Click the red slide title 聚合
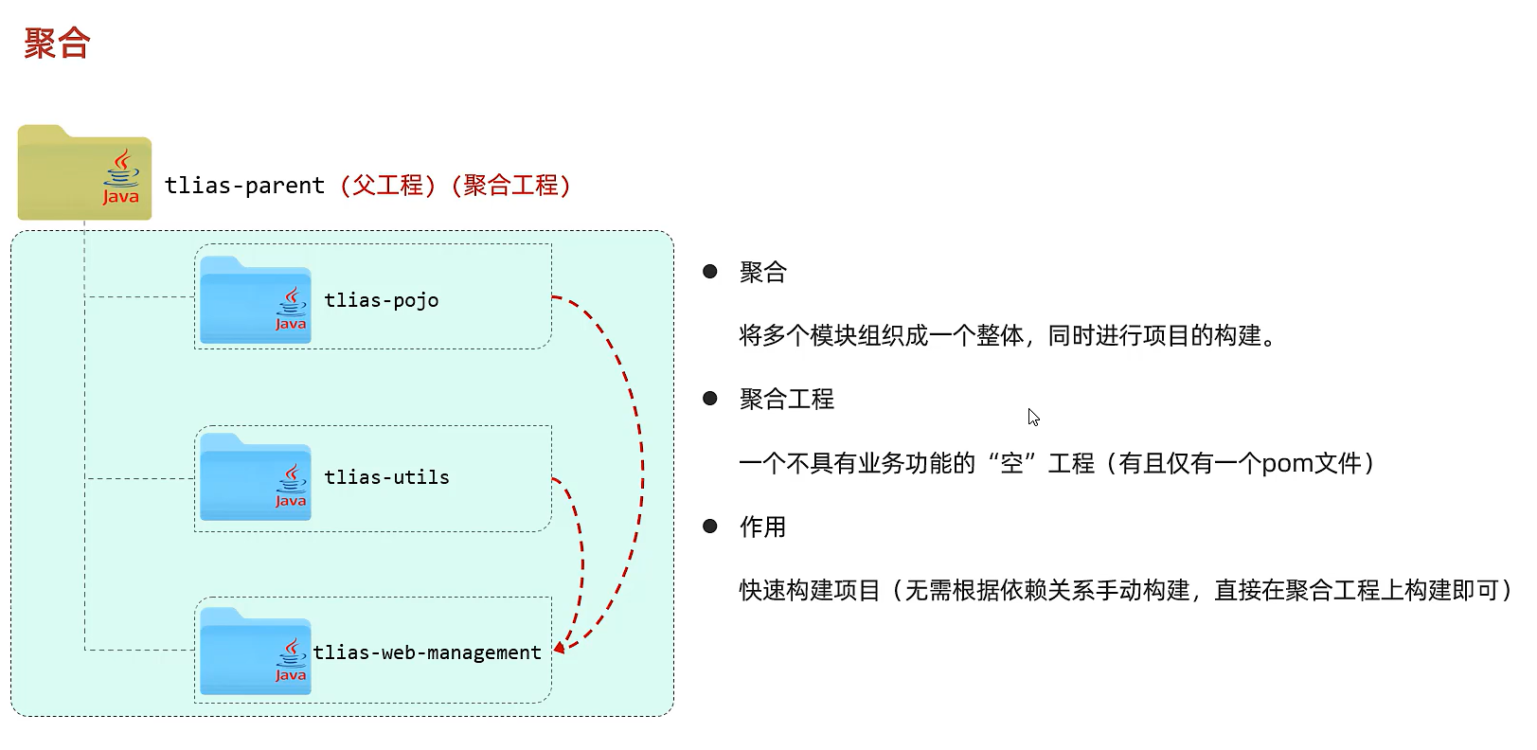57,44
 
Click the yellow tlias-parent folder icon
84,172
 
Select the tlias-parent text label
244,186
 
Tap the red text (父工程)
388,185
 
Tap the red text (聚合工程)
511,185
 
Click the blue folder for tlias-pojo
255,300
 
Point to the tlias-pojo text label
381,300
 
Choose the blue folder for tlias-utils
255,477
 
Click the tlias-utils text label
386,477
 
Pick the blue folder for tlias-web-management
255,652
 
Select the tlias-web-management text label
427,652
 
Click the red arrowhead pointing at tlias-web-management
560,647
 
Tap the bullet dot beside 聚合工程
710,399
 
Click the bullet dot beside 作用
710,526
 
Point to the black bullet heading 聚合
763,273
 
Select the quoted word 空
1012,463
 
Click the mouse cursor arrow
1032,417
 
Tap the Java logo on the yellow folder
121,177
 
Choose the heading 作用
763,527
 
